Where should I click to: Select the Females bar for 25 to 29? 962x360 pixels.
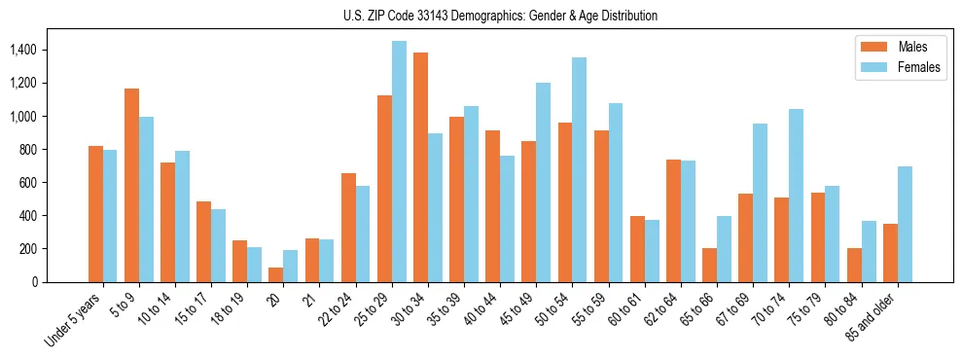coord(399,162)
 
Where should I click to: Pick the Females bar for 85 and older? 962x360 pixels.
coord(905,224)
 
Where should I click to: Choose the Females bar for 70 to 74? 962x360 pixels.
coord(796,196)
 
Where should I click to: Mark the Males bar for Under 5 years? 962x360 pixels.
coord(95,214)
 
